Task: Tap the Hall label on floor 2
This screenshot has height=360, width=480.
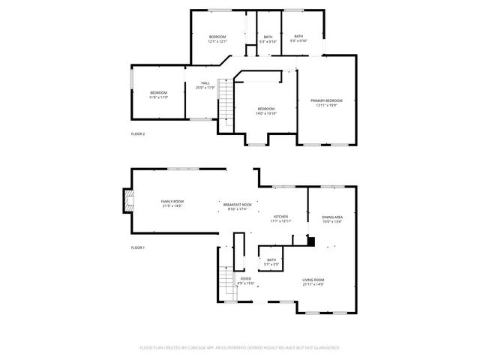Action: (x=205, y=85)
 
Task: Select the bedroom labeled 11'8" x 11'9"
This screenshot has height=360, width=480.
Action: (x=158, y=94)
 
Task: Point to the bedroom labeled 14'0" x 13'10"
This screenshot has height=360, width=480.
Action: (x=266, y=111)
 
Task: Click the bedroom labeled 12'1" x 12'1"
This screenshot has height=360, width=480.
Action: (x=217, y=39)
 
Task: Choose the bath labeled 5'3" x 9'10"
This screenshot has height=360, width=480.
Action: (x=268, y=39)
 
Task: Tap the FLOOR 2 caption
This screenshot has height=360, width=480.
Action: (x=138, y=133)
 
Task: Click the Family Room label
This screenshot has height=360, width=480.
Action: (x=172, y=203)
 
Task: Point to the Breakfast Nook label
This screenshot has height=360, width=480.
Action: (x=237, y=206)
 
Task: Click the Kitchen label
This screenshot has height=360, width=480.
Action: (x=280, y=218)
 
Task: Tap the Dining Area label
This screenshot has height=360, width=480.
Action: (x=332, y=218)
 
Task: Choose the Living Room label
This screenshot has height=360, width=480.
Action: (x=313, y=281)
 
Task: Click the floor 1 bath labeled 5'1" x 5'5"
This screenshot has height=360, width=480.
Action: (x=271, y=262)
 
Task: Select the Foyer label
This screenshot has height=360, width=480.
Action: (x=246, y=281)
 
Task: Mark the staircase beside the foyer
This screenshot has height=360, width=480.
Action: (x=226, y=283)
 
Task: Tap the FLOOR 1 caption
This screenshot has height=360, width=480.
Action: (x=138, y=247)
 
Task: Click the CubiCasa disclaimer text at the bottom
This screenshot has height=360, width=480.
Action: (x=240, y=348)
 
